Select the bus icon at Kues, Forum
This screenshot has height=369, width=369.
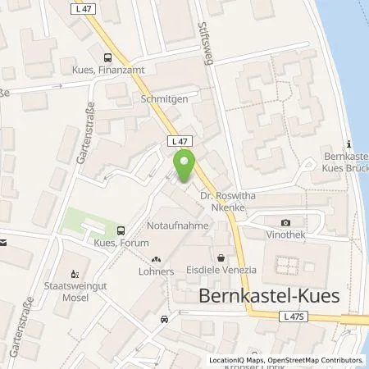pyautogui.click(x=121, y=231)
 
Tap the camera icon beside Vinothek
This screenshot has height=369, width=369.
pyautogui.click(x=285, y=222)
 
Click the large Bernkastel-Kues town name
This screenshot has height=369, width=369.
pyautogui.click(x=273, y=294)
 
